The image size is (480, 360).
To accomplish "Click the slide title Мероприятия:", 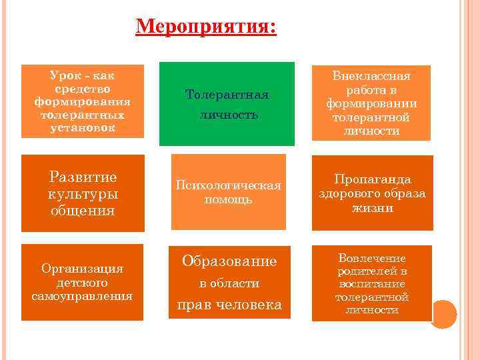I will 205,27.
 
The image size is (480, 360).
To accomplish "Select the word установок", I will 82,127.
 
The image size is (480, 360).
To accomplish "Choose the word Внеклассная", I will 371,76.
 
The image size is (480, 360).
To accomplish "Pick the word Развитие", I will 83,177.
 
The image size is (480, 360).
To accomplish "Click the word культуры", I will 83,194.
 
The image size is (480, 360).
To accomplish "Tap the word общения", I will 83,211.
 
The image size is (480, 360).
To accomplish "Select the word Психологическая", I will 228,185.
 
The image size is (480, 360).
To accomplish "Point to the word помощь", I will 228,199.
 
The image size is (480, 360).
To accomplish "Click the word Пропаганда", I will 373,179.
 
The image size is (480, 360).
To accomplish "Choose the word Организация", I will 82,269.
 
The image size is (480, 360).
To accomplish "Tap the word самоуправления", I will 82,295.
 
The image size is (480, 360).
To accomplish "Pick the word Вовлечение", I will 371,258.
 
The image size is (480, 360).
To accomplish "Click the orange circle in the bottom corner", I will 443,313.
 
